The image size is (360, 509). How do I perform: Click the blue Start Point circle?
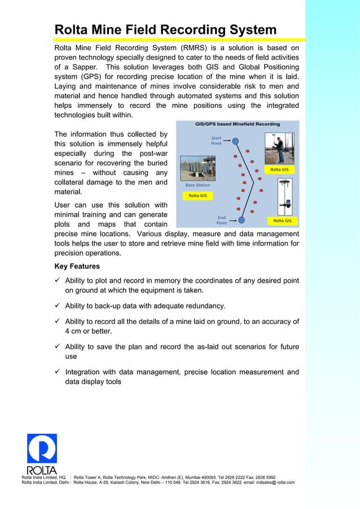tap(236, 141)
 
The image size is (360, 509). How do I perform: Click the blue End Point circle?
tap(241, 220)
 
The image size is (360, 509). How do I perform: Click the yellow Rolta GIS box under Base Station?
tap(197, 196)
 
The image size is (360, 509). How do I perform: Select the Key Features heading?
tap(77, 266)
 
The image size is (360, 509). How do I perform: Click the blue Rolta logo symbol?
tap(42, 449)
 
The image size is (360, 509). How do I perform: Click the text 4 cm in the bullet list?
tap(74, 331)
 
